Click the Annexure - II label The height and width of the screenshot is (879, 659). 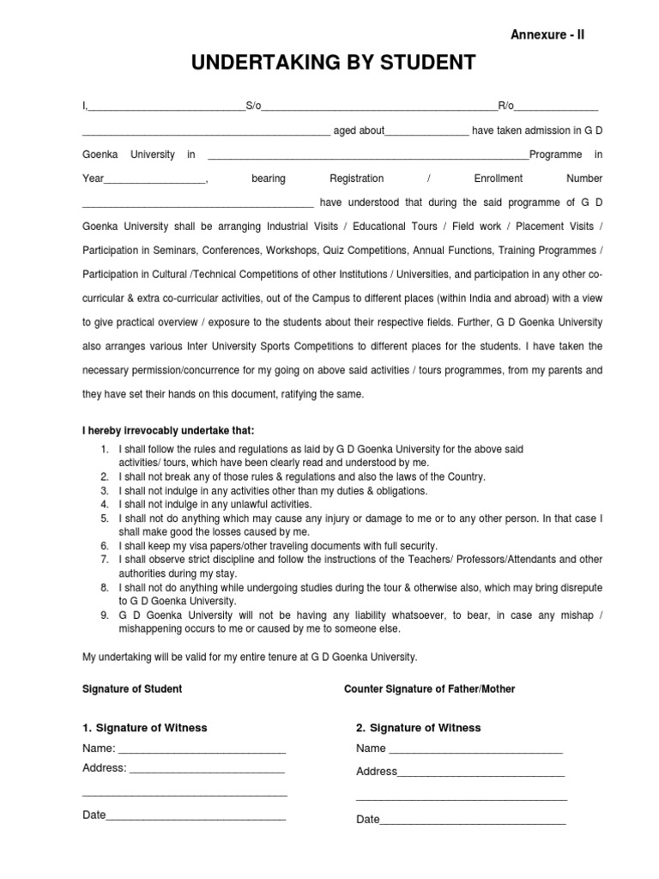[547, 34]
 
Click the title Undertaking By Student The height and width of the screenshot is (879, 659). [329, 64]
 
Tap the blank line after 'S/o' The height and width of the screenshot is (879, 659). [379, 107]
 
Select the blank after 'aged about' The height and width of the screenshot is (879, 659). [426, 132]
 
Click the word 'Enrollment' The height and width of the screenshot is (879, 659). [498, 179]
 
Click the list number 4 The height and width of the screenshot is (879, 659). [104, 504]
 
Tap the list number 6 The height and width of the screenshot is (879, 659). [104, 545]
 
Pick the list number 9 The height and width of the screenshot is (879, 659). [104, 615]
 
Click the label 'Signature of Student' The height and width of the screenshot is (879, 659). [132, 689]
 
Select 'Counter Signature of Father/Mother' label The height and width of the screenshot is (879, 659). [429, 689]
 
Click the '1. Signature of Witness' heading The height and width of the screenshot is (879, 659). [145, 728]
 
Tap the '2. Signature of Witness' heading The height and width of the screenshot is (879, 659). [418, 728]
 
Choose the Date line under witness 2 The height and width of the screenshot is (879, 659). [473, 821]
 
